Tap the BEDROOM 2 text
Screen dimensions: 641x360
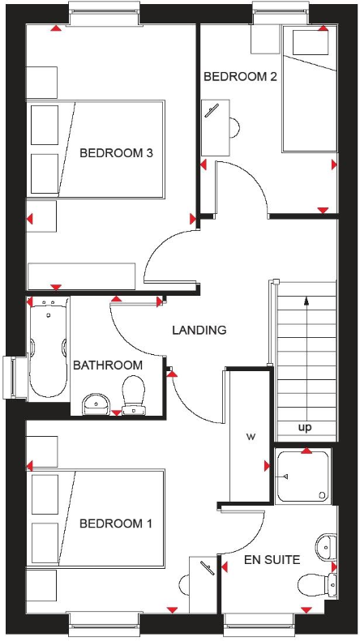(241, 77)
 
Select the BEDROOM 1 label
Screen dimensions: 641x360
(116, 523)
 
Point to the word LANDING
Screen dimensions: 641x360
(199, 330)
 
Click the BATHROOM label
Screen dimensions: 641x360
(107, 365)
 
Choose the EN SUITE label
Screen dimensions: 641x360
(272, 559)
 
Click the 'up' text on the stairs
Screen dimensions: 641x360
(306, 427)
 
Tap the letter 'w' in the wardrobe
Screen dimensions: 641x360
(251, 438)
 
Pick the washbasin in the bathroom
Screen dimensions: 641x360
(96, 402)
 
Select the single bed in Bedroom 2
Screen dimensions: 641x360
(308, 89)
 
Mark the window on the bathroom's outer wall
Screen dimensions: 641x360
(15, 378)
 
